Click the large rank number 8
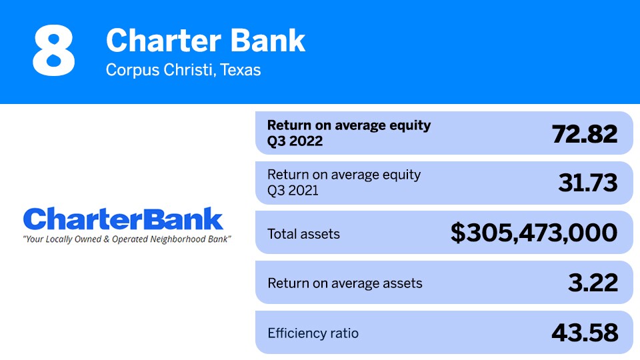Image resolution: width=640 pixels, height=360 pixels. [54, 51]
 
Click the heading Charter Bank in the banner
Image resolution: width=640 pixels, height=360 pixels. [205, 41]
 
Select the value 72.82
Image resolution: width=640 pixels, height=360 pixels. [585, 133]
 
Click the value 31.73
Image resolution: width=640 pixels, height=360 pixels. [587, 183]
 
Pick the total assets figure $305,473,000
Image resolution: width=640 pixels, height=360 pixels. [534, 233]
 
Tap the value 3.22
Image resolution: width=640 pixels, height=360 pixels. [593, 283]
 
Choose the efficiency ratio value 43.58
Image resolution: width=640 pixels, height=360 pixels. [585, 332]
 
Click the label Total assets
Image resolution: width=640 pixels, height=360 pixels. [303, 234]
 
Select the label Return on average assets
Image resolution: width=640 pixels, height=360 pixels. [345, 283]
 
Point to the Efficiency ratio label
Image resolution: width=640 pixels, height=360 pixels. [313, 333]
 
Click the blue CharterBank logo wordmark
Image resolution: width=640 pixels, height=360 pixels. [123, 219]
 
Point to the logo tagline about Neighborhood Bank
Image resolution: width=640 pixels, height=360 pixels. [127, 238]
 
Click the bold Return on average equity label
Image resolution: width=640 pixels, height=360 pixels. [349, 125]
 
